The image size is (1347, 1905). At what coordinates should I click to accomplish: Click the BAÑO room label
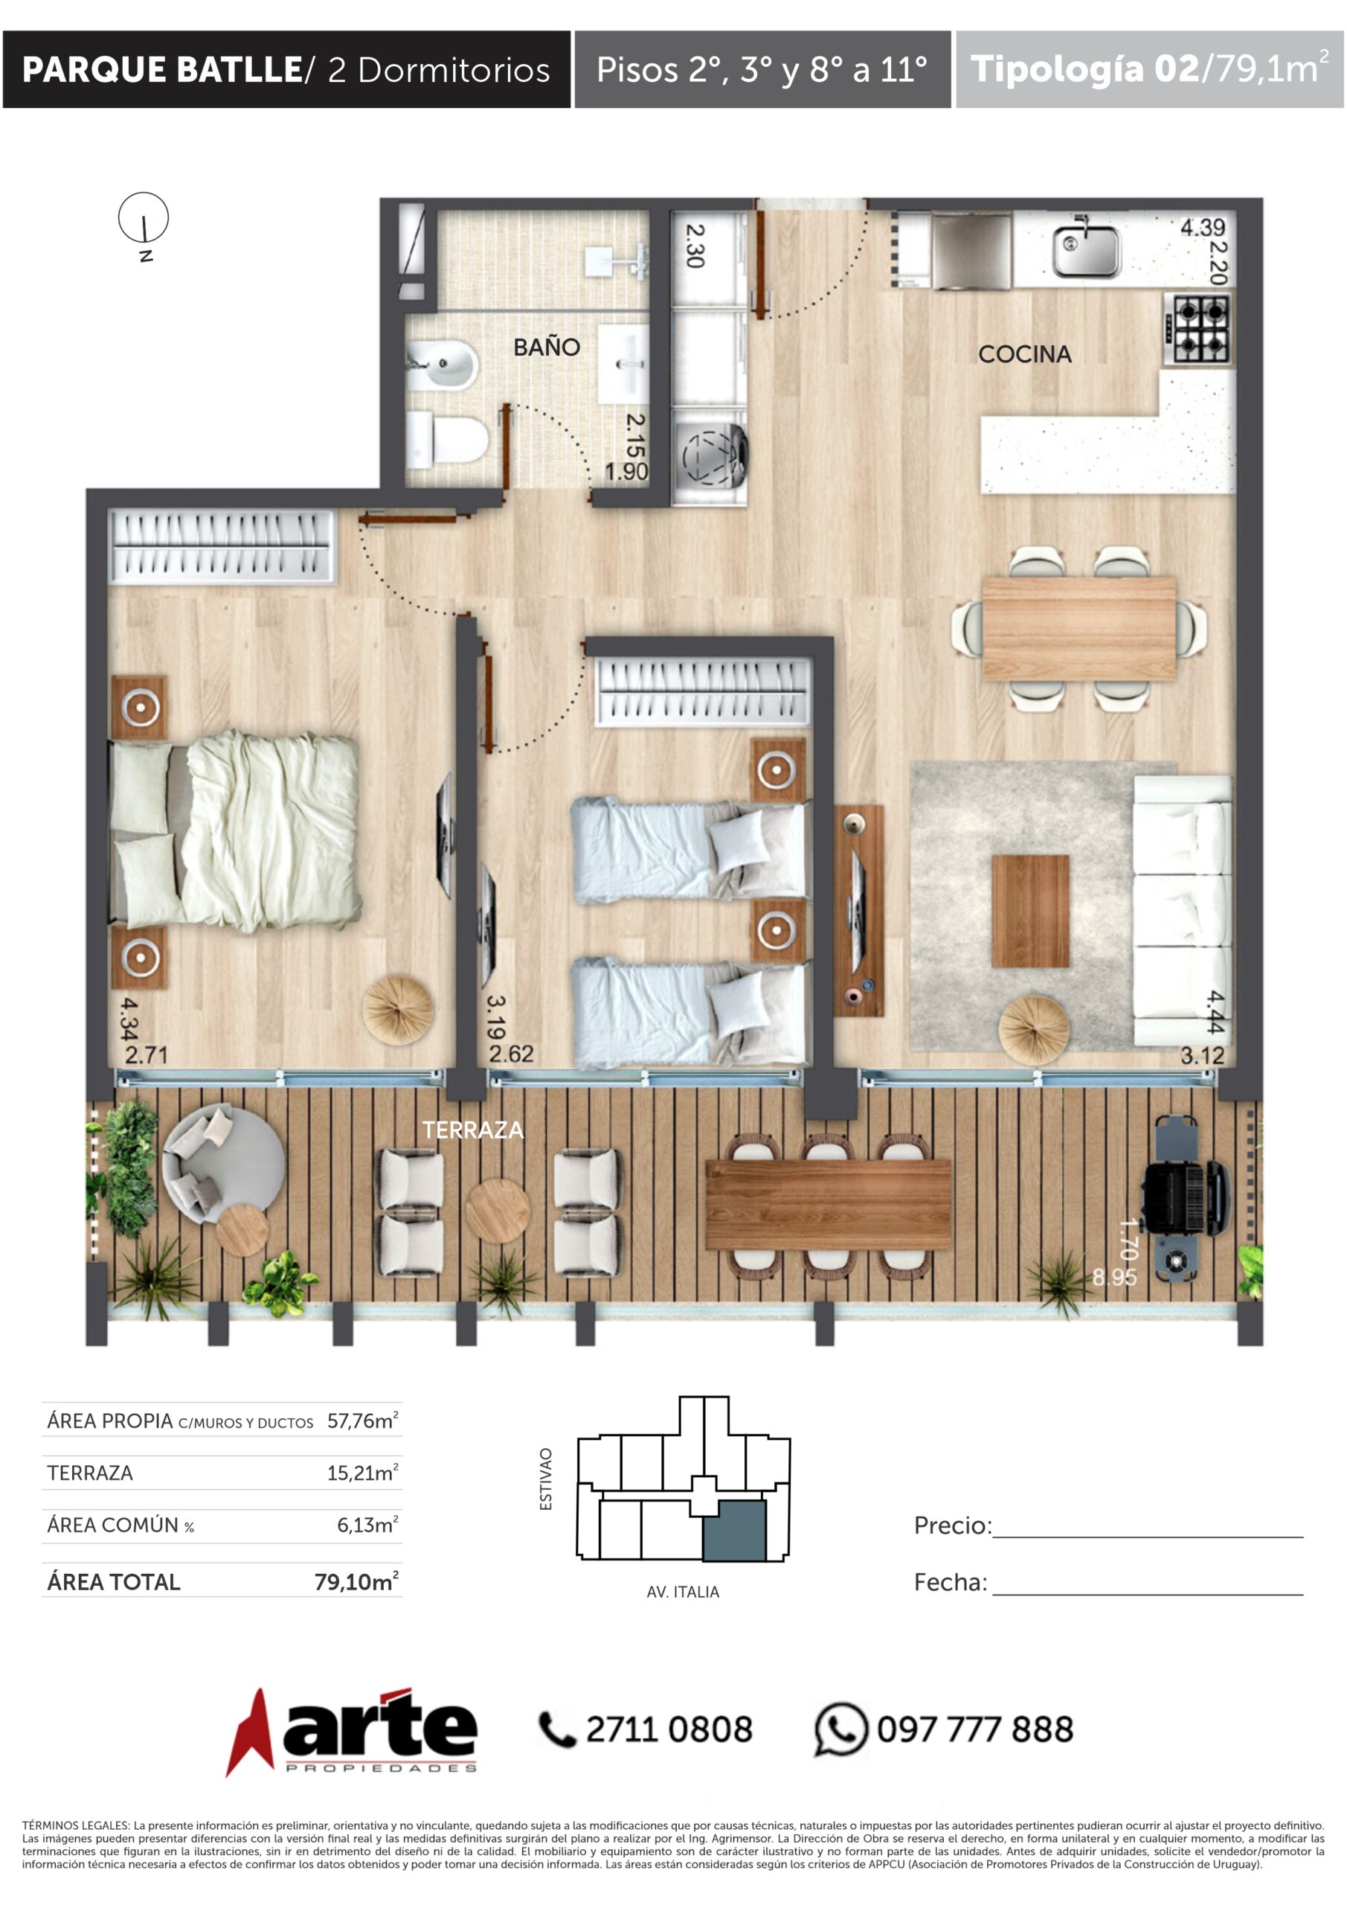pyautogui.click(x=547, y=347)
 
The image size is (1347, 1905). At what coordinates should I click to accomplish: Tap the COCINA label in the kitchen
pyautogui.click(x=1024, y=354)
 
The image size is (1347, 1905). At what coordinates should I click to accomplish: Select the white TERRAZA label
pyautogui.click(x=473, y=1129)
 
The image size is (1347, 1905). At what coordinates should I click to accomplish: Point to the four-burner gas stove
pyautogui.click(x=1197, y=330)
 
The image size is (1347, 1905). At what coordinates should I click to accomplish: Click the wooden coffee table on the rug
pyautogui.click(x=1030, y=911)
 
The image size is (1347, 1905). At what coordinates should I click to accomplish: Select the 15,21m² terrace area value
pyautogui.click(x=362, y=1473)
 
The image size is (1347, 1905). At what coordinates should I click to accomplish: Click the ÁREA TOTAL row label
pyautogui.click(x=114, y=1581)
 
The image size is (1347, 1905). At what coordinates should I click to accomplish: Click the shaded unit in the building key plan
pyautogui.click(x=734, y=1530)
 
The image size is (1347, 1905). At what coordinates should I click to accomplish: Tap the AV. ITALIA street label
pyautogui.click(x=683, y=1592)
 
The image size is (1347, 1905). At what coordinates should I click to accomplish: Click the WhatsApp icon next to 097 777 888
pyautogui.click(x=840, y=1729)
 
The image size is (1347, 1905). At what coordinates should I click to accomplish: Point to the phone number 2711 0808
pyautogui.click(x=669, y=1730)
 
